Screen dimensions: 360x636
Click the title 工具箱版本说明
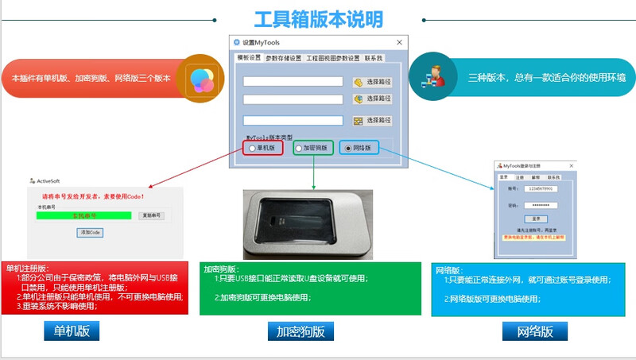318,18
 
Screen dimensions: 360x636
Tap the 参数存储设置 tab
283,58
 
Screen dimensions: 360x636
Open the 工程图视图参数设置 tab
332,58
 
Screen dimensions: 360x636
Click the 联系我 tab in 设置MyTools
374,58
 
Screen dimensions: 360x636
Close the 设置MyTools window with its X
399,42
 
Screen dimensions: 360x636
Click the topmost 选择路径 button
373,81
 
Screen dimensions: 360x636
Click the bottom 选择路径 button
373,121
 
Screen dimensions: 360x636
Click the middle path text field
293,99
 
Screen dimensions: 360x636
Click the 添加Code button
90,232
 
